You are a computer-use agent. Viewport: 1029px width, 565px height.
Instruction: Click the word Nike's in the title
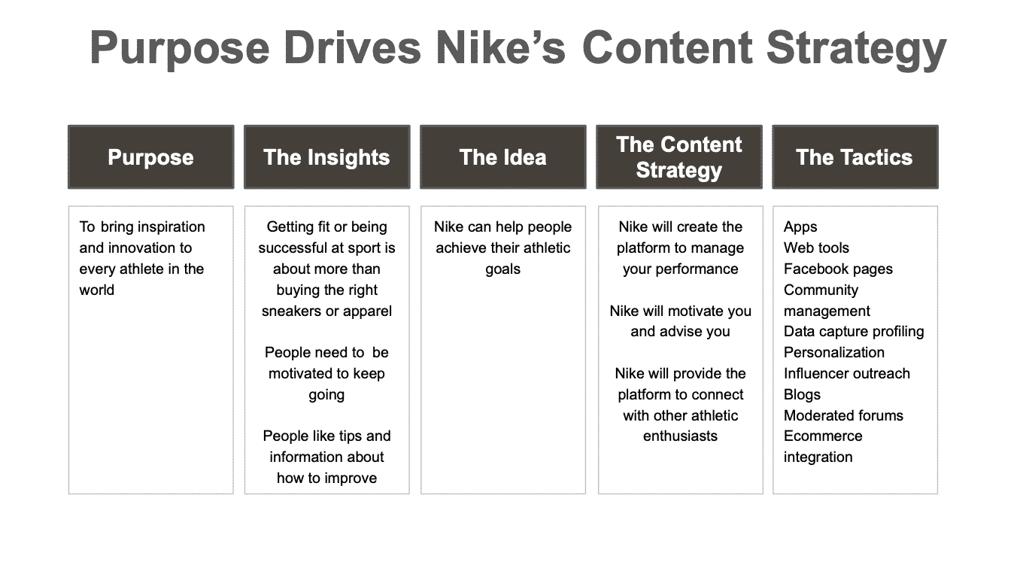[x=500, y=47]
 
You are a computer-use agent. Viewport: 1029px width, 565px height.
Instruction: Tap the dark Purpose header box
[x=151, y=156]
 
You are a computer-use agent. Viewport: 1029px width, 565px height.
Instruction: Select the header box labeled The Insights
[x=327, y=156]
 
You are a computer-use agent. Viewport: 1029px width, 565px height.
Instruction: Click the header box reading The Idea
[x=503, y=156]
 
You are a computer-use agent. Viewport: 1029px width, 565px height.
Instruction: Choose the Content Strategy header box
[x=679, y=156]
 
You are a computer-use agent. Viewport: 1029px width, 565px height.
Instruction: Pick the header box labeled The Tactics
[x=855, y=156]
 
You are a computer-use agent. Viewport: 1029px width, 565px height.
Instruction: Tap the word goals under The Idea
[x=503, y=269]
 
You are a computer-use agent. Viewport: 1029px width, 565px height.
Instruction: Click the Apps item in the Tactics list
[x=800, y=227]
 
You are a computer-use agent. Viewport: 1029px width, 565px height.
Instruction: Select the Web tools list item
[x=816, y=248]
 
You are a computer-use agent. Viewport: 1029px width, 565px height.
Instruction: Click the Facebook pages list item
[x=838, y=269]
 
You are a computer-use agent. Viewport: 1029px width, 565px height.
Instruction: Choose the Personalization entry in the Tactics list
[x=833, y=352]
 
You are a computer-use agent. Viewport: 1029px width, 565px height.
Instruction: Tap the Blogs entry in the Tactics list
[x=802, y=395]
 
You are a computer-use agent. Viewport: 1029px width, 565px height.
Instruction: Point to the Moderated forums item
[x=843, y=415]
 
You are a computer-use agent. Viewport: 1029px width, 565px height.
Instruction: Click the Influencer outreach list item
[x=847, y=373]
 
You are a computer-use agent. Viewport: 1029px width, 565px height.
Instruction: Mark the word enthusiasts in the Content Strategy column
[x=680, y=436]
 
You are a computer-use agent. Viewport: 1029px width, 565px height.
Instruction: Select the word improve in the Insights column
[x=351, y=478]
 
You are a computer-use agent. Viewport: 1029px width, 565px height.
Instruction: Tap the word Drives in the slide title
[x=352, y=47]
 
